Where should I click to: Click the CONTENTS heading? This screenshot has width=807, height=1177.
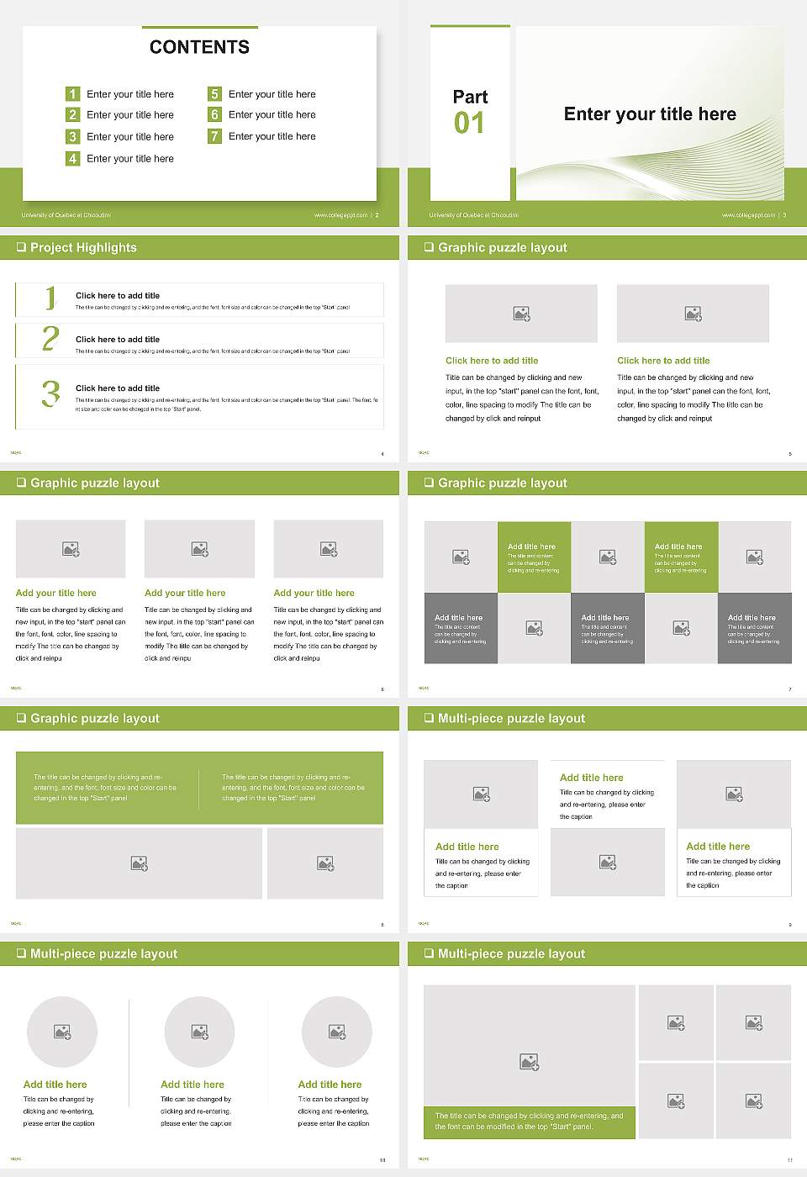pos(199,47)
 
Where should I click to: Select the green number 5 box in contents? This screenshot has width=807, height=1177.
pos(214,94)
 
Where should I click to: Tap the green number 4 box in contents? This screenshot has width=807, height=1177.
pos(73,158)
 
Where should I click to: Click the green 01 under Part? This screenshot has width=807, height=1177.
pos(469,124)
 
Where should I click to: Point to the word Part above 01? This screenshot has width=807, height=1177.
pos(470,97)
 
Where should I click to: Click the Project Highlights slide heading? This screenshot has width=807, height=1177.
pos(83,247)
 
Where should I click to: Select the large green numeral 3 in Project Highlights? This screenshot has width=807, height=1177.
pos(50,393)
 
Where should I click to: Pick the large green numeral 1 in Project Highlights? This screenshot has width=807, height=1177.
pos(50,298)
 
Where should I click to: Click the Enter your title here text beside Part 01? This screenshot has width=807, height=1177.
pos(650,114)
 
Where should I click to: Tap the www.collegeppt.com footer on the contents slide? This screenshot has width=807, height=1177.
pos(340,215)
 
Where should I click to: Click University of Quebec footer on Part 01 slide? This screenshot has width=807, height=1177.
pos(473,215)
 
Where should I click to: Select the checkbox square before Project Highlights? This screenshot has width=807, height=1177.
pos(21,247)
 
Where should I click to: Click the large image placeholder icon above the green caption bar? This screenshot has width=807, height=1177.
pos(529,1063)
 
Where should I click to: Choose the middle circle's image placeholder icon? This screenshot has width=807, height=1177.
pos(199,1032)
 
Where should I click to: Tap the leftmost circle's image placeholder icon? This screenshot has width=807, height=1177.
pos(62,1032)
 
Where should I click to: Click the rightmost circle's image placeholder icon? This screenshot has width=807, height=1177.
pos(337,1032)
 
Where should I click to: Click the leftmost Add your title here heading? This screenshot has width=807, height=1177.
pos(55,593)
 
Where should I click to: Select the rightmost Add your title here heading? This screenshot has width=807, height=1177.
pos(314,593)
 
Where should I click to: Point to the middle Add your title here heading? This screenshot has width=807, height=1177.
pos(185,593)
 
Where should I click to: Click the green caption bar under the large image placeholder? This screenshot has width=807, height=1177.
pos(529,1122)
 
